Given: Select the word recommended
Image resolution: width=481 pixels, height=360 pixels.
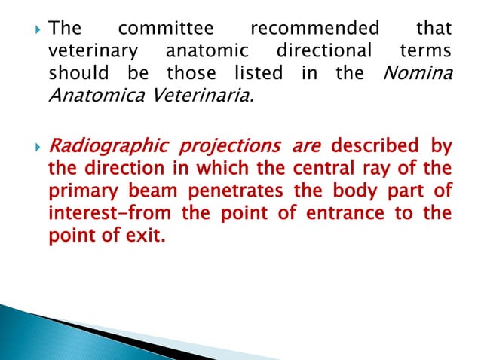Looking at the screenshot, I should click(x=314, y=29).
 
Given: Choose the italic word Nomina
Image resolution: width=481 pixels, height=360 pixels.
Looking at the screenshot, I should click(x=419, y=75).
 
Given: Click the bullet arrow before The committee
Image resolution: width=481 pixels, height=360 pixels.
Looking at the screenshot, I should click(x=31, y=29).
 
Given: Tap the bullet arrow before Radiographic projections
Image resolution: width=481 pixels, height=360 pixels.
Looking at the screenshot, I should click(x=31, y=145).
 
